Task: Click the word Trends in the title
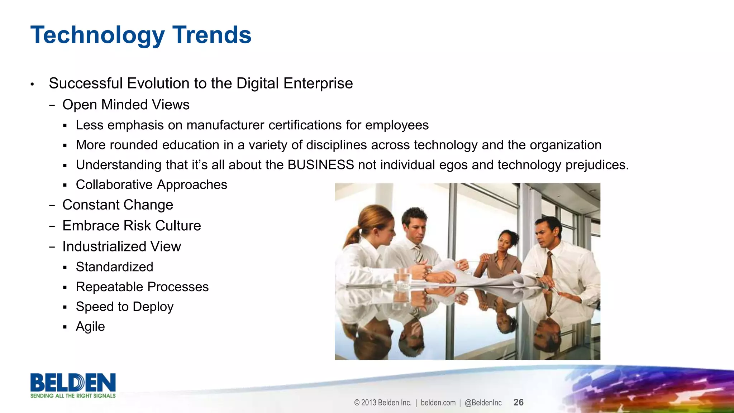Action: [212, 35]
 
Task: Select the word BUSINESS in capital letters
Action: [320, 165]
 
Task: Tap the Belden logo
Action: [73, 383]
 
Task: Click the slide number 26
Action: [518, 402]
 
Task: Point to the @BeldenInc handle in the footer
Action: [483, 403]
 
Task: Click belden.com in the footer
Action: [438, 403]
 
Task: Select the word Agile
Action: [90, 327]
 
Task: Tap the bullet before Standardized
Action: [65, 268]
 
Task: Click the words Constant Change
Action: [118, 205]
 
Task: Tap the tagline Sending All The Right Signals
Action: [73, 396]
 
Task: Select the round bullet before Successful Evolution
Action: [32, 85]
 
